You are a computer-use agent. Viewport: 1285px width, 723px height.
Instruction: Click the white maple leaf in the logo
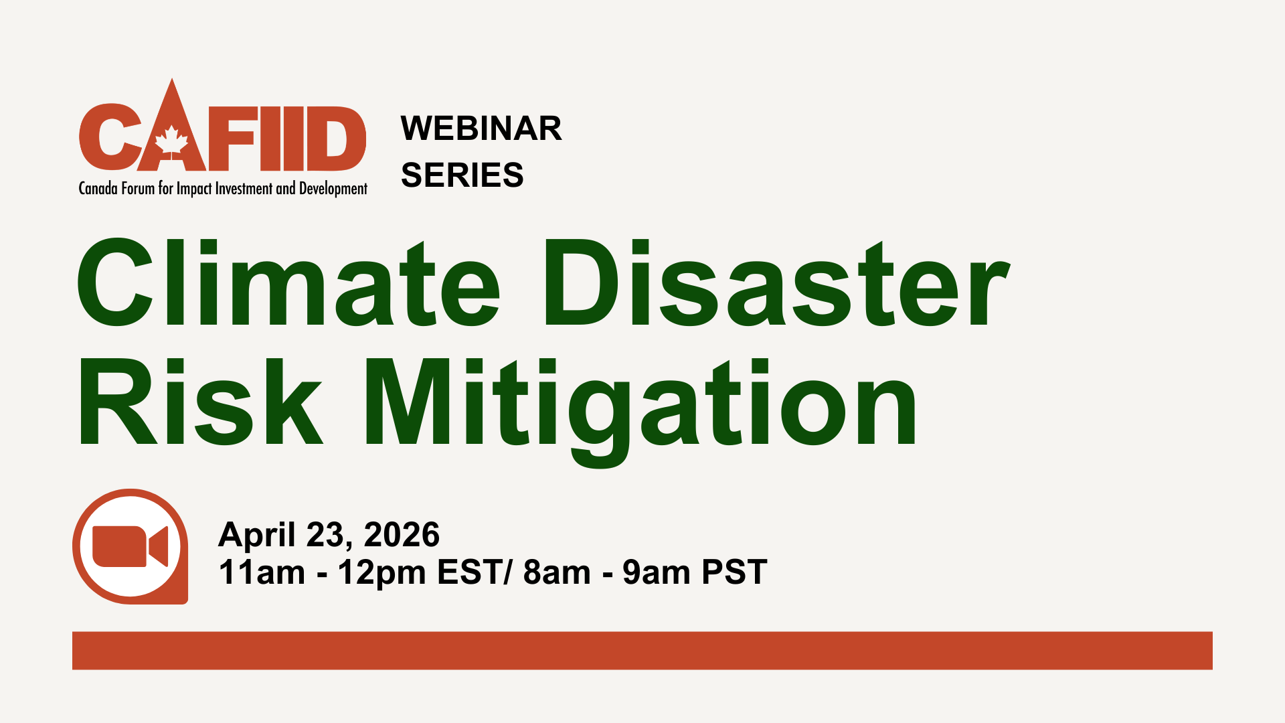pos(171,141)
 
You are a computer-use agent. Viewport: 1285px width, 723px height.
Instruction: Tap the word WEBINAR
pos(481,129)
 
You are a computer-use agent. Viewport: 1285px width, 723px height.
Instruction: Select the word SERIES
pos(462,175)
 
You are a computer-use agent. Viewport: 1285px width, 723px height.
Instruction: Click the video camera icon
pos(130,546)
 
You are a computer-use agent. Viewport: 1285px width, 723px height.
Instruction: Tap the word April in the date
pos(257,535)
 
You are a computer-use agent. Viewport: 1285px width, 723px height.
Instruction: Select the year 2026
pos(402,535)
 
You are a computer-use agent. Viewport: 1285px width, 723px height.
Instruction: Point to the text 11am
pos(262,572)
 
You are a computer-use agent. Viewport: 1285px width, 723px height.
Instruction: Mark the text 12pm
pos(381,572)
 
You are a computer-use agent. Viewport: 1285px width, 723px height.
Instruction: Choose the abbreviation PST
pos(734,572)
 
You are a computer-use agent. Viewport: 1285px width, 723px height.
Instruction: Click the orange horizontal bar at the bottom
pos(642,650)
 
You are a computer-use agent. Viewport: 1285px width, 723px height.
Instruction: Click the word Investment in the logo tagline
pos(244,189)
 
